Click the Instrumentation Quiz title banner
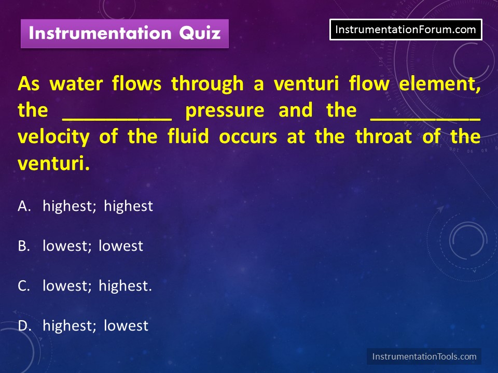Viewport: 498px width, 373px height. click(x=125, y=34)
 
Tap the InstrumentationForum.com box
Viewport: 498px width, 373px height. click(x=406, y=30)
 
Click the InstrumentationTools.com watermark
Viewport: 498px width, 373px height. click(x=424, y=356)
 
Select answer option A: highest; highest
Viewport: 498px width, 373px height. click(x=86, y=206)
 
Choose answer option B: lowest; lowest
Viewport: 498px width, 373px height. click(x=80, y=246)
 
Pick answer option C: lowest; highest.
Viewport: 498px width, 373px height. click(x=85, y=286)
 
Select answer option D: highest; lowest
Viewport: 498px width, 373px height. click(x=83, y=326)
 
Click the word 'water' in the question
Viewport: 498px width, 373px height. click(x=76, y=84)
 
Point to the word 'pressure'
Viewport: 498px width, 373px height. click(x=225, y=111)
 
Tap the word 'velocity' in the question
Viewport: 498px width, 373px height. click(x=53, y=137)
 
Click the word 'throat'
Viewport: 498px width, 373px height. click(x=384, y=136)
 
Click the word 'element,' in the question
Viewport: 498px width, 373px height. click(x=439, y=84)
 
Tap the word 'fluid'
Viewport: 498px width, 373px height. click(x=188, y=136)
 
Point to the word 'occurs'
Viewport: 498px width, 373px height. click(x=248, y=137)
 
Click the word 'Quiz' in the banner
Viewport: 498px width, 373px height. click(x=200, y=33)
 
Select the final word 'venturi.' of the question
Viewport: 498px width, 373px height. click(x=53, y=164)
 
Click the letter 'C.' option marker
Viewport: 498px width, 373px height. click(x=24, y=286)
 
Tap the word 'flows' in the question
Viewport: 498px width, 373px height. click(x=136, y=84)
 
